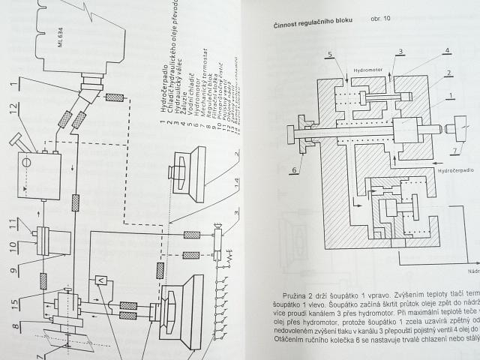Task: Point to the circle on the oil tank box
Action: pyautogui.click(x=26, y=160)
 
